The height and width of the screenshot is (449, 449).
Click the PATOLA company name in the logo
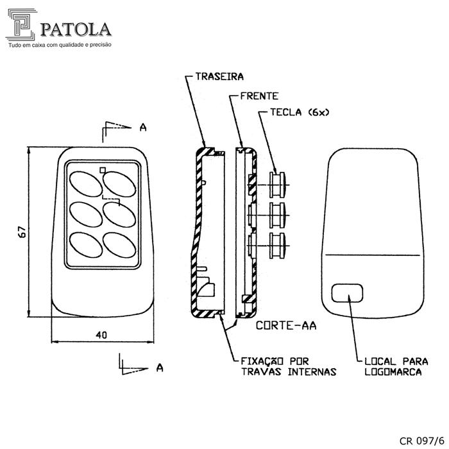coord(76,30)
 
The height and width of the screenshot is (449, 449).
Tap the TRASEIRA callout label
coord(219,76)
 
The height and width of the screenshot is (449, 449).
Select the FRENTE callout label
coord(259,96)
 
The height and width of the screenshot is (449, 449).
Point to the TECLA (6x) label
coord(300,112)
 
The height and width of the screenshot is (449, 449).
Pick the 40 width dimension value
coord(101,335)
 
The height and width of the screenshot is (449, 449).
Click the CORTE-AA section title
coord(286,325)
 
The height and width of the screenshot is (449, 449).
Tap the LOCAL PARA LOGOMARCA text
coord(396,366)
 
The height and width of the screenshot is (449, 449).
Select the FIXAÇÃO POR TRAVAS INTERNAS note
coord(289,366)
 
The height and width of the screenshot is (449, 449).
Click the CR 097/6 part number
coord(421,441)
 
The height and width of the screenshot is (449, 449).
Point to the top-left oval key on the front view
coord(85,185)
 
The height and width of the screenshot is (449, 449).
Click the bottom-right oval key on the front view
coord(119,246)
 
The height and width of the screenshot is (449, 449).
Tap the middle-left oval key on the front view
coord(85,215)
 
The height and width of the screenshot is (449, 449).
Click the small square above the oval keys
coord(103,170)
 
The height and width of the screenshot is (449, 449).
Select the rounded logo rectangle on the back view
coord(347,293)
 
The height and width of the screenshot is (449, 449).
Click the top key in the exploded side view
coord(278,185)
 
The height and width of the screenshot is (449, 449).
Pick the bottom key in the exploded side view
coord(278,246)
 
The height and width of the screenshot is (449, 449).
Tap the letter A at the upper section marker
coord(143,127)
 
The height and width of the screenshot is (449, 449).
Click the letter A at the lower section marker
coord(160,368)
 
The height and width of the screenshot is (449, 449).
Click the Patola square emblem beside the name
coord(21,24)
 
